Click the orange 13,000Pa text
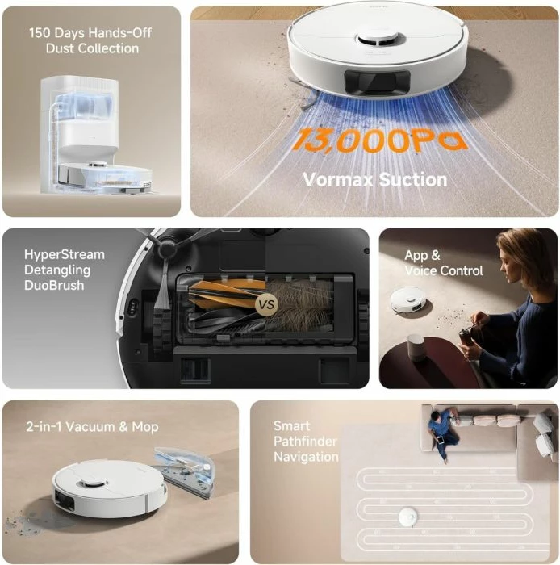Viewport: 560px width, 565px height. click(379, 140)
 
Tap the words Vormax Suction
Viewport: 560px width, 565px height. click(374, 179)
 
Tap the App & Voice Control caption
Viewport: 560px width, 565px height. click(443, 263)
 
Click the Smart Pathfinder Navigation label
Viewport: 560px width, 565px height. click(305, 442)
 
